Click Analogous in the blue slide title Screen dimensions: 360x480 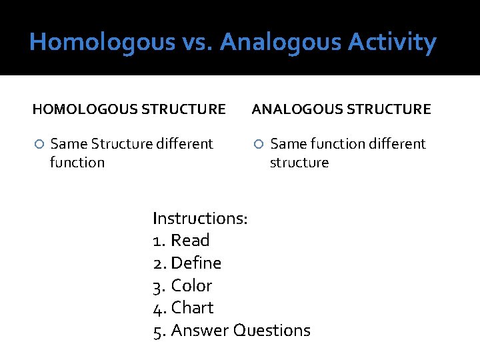(x=283, y=43)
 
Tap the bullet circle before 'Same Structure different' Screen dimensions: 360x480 (x=39, y=144)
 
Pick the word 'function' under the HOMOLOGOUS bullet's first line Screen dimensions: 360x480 (x=77, y=163)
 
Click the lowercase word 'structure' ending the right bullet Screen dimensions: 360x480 (x=299, y=163)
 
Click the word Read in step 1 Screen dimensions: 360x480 (x=190, y=241)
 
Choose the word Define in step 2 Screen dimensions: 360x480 (x=196, y=263)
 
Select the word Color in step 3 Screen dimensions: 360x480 (x=191, y=286)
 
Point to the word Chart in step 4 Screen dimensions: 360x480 (x=192, y=308)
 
